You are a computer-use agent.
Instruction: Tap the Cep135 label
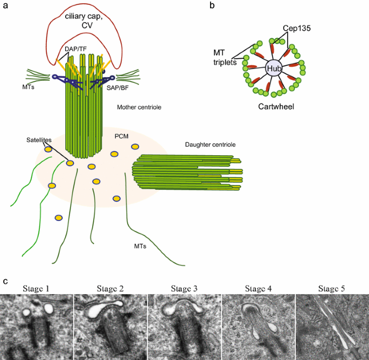click(296, 28)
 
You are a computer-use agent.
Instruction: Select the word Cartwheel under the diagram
click(276, 106)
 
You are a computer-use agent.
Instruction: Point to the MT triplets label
click(225, 57)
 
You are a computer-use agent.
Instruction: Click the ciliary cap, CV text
click(84, 20)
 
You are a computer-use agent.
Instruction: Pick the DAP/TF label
click(75, 49)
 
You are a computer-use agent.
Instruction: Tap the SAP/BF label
click(117, 88)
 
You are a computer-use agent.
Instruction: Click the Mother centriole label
click(139, 107)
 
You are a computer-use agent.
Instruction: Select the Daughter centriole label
click(210, 144)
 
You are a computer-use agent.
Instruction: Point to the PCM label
click(121, 136)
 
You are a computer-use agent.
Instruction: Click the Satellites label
click(39, 140)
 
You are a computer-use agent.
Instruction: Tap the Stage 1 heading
click(36, 288)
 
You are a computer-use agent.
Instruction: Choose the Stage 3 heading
click(184, 288)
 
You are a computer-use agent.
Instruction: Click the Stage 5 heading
click(332, 288)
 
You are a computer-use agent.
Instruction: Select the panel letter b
click(212, 5)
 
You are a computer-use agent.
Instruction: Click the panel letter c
click(5, 281)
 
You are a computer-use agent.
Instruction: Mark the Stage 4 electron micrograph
click(259, 327)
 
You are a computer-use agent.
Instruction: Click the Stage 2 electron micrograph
click(110, 327)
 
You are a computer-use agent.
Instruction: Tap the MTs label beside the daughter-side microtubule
click(140, 246)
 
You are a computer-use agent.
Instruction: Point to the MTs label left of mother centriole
click(28, 87)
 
